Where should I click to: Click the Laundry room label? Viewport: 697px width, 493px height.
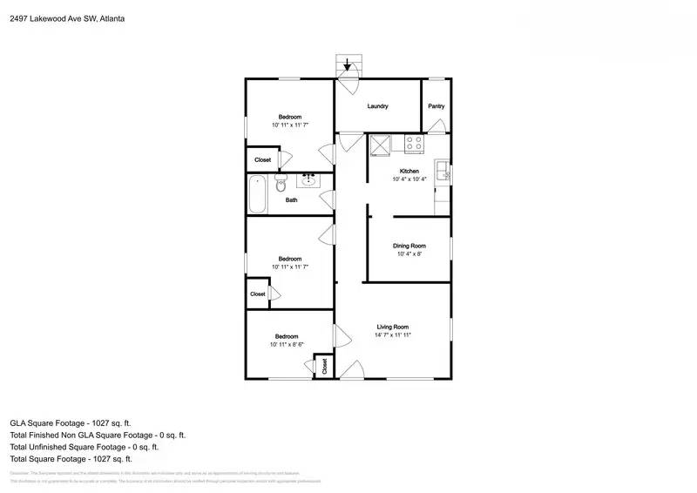coord(377,106)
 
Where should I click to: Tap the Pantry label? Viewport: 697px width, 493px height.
coord(436,106)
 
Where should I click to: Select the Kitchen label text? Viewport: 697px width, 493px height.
coord(409,171)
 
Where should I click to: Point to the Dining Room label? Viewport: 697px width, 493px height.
coord(409,246)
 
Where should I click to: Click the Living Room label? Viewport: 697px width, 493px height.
coord(392,327)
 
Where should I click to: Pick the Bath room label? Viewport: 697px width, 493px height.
coord(291,200)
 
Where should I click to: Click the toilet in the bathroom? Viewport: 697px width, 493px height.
coord(281,184)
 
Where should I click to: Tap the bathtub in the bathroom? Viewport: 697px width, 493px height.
coord(257,194)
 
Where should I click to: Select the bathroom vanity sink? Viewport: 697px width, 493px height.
coord(308,180)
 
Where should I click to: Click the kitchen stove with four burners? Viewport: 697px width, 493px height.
coord(414,143)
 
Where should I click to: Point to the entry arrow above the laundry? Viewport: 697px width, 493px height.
coord(348,64)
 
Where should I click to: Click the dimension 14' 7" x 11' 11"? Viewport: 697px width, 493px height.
coord(392,335)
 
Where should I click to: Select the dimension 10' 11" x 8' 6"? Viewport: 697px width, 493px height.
coord(288,345)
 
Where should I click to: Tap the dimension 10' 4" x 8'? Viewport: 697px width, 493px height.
coord(409,254)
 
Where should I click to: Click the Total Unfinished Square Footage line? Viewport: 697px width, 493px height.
coord(84,446)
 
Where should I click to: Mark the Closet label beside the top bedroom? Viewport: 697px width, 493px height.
coord(262,160)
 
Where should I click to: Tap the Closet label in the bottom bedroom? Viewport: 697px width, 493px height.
coord(324,366)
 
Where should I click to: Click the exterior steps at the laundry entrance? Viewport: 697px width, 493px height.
coord(348,66)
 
